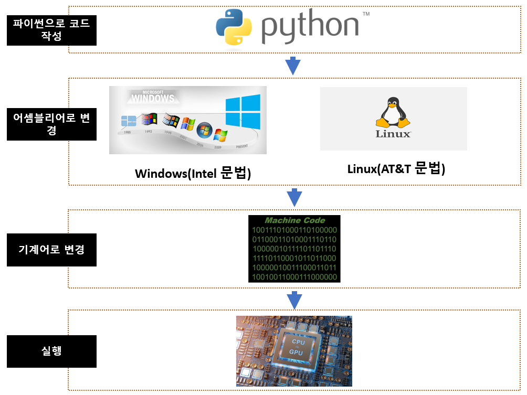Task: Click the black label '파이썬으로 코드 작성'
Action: pos(51,30)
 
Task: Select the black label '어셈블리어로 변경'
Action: pos(51,124)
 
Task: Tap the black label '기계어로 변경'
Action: pos(51,249)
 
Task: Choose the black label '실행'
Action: pos(51,350)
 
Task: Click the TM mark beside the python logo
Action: pos(365,14)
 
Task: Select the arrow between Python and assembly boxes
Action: pos(292,66)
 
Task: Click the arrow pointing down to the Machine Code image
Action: pos(294,198)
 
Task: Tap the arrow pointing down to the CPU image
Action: pos(294,300)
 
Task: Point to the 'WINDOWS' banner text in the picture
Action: pos(153,98)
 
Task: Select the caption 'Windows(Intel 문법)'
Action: pos(193,173)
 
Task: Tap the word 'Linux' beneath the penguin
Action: pos(393,134)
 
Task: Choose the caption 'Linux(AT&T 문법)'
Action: pos(396,169)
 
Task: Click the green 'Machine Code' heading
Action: pos(294,221)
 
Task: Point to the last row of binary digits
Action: pos(294,276)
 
